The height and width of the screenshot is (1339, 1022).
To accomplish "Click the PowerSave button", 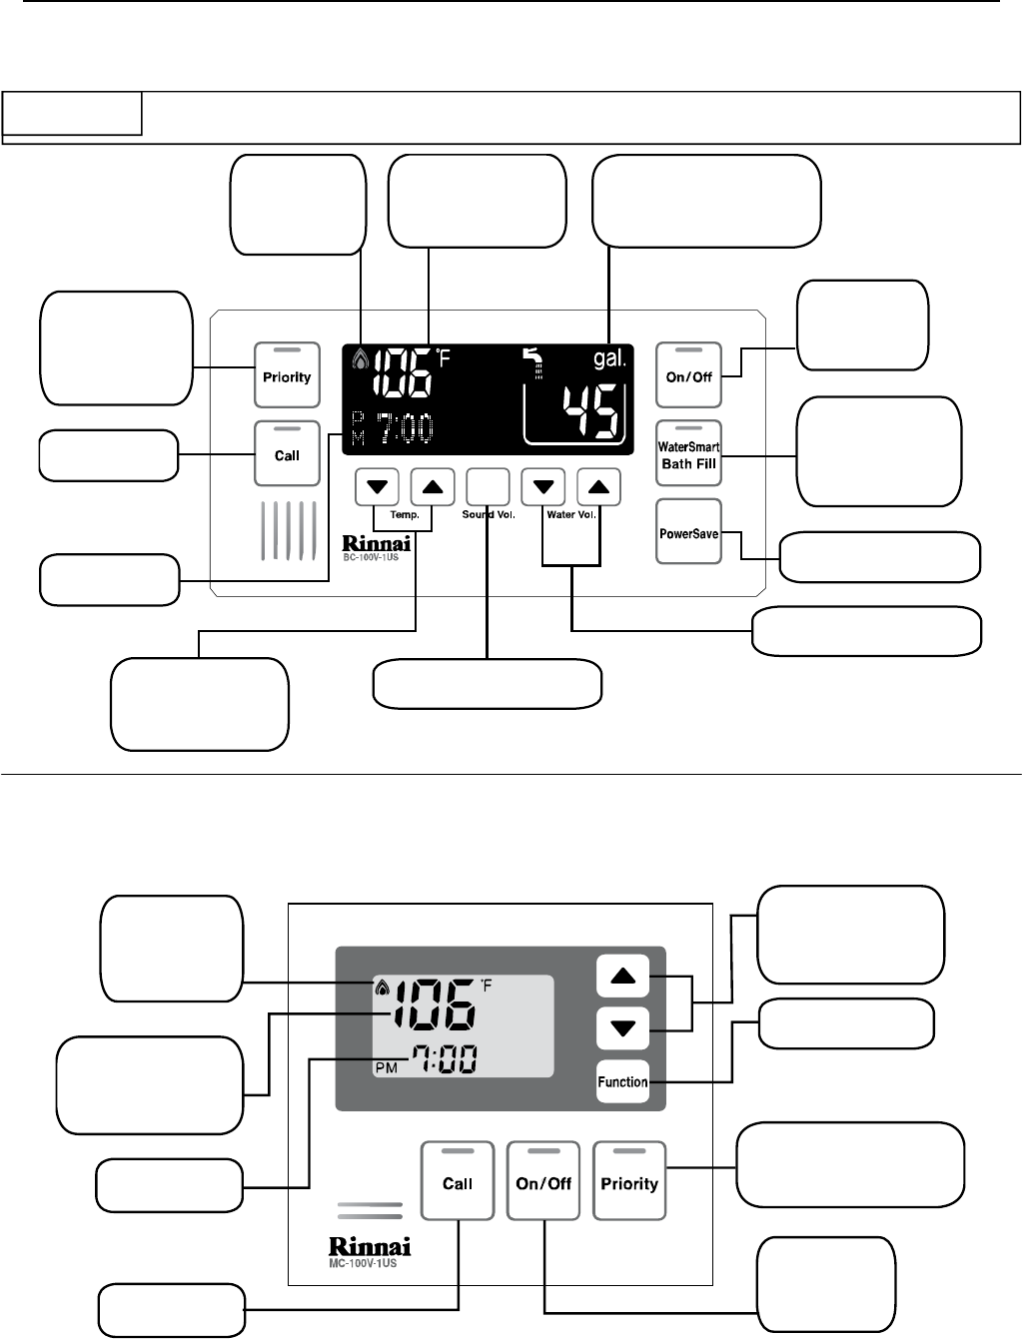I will coord(688,532).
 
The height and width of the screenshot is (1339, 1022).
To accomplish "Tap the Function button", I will coord(622,1081).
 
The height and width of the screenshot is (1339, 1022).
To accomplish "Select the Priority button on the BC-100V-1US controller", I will coord(287,375).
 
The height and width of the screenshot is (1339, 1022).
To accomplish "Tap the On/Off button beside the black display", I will coord(688,375).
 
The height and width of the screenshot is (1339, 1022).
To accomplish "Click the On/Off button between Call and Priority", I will coord(543,1181).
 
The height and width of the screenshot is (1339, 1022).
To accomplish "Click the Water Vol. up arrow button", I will coord(598,487).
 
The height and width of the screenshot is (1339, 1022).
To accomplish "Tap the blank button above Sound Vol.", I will coord(488,487).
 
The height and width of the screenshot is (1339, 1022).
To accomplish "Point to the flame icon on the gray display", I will coord(381,989).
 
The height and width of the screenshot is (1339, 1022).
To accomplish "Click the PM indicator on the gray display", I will coord(386,1067).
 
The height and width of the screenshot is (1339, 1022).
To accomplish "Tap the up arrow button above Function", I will coord(622,976).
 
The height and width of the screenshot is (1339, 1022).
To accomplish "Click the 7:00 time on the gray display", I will coord(442,1060).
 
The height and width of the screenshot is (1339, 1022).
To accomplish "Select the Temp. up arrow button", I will coord(432,487).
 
